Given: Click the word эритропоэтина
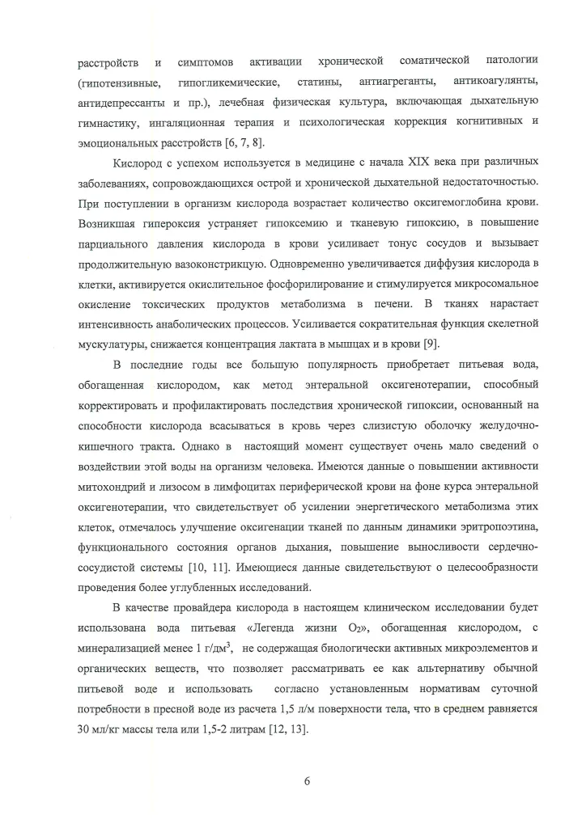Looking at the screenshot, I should pyautogui.click(x=498, y=503).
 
